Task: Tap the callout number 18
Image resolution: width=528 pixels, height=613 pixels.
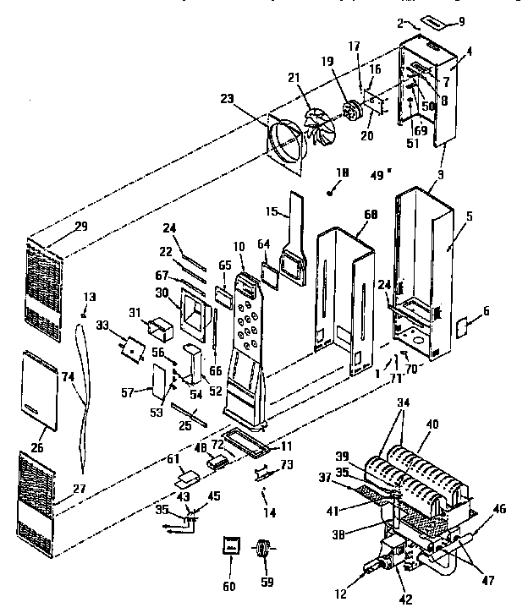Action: point(341,174)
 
